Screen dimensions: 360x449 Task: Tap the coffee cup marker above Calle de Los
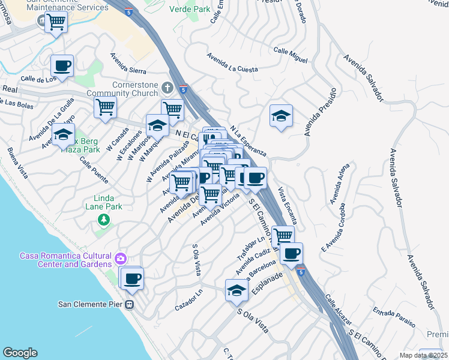62,65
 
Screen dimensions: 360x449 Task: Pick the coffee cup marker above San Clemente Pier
131,278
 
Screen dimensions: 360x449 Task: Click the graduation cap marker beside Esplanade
237,291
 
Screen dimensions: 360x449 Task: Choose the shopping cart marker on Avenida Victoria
210,195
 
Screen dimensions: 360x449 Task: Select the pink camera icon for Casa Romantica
121,259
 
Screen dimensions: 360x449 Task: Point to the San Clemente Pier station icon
129,304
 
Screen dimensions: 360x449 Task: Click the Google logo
20,353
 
